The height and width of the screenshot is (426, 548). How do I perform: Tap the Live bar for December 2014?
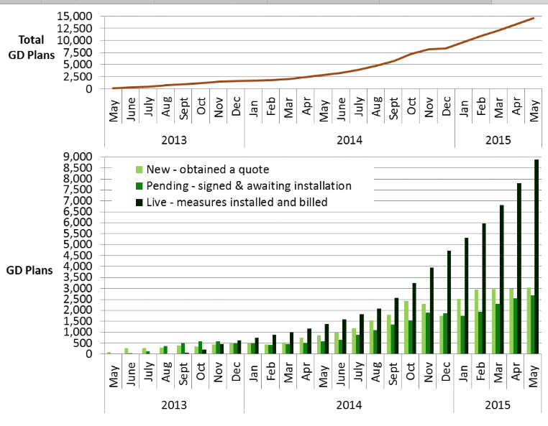point(449,302)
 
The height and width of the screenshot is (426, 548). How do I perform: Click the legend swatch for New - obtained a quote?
point(140,170)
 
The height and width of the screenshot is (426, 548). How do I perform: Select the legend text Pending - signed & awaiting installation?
point(249,186)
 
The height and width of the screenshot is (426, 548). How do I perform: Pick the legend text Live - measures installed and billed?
point(237,203)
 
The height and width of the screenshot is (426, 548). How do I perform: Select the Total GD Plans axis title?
point(32,47)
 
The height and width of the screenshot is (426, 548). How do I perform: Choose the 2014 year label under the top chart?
point(349,140)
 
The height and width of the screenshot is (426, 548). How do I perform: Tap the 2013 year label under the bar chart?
point(174,405)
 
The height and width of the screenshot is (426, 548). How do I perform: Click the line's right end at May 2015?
point(533,18)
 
